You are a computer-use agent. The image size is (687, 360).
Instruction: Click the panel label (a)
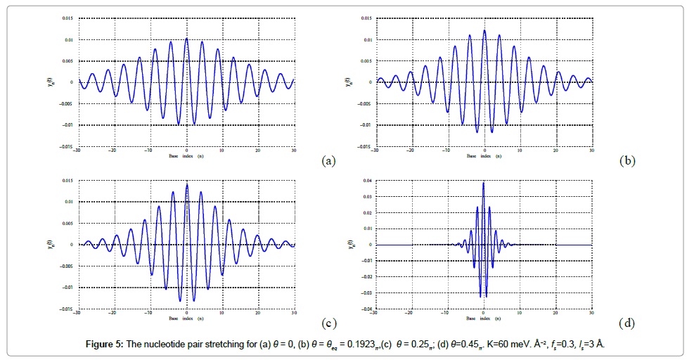328,161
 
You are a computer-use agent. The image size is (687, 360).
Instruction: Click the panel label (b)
627,161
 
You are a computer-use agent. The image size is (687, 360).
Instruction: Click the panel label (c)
328,323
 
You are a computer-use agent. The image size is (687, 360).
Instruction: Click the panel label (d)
627,323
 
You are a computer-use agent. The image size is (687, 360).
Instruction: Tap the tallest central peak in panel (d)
484,184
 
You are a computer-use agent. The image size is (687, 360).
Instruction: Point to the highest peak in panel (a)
186,39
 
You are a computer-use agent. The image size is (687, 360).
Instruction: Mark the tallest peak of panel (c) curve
186,184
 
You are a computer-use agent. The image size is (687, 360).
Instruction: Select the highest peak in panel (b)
484,31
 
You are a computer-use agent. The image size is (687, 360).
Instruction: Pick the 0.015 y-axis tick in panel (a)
68,18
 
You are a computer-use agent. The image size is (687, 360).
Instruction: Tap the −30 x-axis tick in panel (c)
78,314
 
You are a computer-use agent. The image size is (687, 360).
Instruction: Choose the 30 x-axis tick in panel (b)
592,151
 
